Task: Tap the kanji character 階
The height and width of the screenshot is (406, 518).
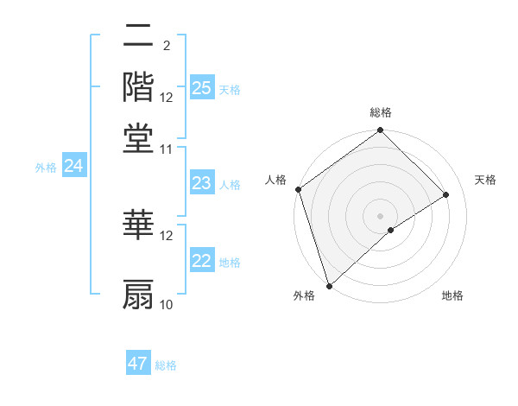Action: tap(139, 86)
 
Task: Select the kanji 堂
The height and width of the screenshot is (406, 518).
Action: tap(139, 138)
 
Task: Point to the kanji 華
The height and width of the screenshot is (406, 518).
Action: tap(139, 224)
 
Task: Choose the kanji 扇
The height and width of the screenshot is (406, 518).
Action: tap(139, 294)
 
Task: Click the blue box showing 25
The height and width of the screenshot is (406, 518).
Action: tap(201, 87)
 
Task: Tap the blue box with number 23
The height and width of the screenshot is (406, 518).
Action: tap(201, 183)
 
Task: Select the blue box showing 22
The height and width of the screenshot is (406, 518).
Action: tap(201, 261)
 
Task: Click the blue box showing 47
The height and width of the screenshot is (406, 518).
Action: tap(138, 364)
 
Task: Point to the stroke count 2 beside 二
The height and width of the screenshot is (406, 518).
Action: tap(166, 45)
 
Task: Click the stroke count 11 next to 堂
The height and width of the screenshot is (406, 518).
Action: tap(167, 149)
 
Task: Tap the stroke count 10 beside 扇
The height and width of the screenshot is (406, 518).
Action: tap(167, 304)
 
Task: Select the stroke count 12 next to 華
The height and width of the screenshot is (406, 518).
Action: tap(167, 235)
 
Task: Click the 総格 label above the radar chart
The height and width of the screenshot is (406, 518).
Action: tap(380, 112)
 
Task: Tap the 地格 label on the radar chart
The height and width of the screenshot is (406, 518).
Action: tap(452, 296)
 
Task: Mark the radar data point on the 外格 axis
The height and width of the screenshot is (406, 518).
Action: tap(329, 284)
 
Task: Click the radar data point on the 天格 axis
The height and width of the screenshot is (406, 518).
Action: tap(446, 194)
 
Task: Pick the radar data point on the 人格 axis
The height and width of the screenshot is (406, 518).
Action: tap(298, 189)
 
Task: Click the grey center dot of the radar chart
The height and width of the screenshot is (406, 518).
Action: tap(380, 215)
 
